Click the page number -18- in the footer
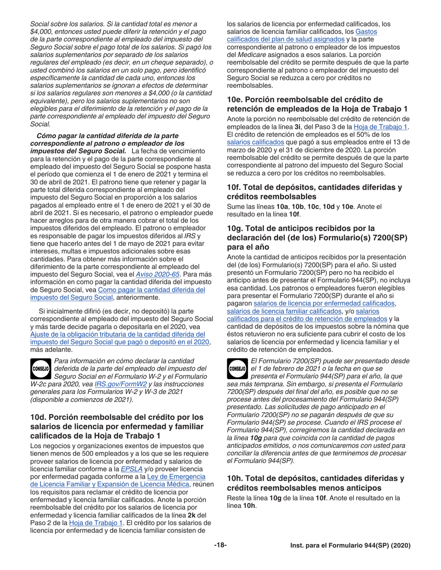[x=220, y=546]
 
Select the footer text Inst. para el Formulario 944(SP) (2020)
[x=350, y=546]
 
